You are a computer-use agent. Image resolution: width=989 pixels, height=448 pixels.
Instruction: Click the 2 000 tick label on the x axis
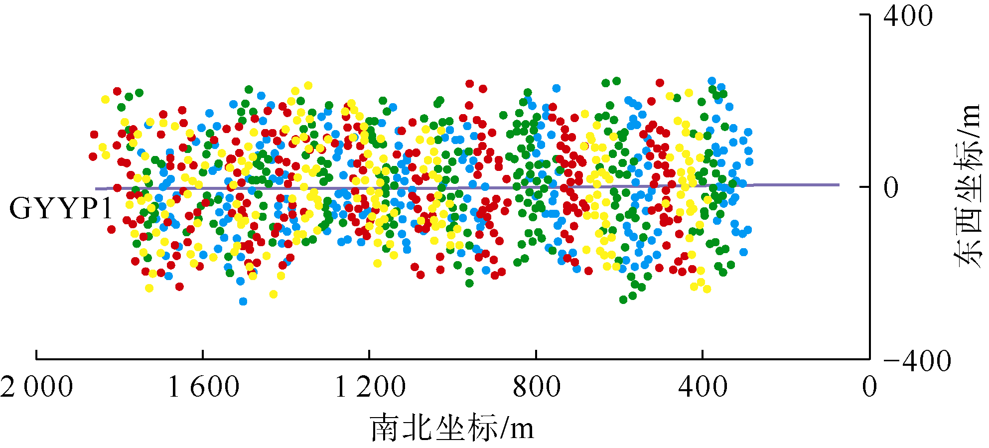37,387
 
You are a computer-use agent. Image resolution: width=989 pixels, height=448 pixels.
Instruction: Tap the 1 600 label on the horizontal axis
203,387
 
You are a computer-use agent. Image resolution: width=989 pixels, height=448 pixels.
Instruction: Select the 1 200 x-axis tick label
370,387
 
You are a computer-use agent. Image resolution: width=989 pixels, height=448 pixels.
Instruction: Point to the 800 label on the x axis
537,387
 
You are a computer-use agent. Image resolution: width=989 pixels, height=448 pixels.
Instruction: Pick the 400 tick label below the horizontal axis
703,387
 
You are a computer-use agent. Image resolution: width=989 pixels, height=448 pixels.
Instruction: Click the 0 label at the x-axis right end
869,387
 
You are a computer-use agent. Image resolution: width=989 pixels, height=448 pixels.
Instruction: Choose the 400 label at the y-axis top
908,16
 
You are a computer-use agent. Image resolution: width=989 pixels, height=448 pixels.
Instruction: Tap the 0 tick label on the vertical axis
891,188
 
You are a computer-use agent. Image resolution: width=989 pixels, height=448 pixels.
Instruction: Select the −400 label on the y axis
917,360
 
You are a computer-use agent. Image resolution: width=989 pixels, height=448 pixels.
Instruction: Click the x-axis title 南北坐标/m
452,428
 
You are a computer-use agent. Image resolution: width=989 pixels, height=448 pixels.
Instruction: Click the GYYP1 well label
61,208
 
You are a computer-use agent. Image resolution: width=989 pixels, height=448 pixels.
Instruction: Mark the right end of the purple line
839,185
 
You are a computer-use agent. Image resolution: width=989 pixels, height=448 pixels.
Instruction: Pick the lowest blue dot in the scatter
243,301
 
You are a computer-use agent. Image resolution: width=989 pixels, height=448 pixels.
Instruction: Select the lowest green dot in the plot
623,299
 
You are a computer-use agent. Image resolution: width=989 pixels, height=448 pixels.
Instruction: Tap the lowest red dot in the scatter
179,287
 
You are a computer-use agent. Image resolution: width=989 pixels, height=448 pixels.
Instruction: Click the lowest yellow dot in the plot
273,294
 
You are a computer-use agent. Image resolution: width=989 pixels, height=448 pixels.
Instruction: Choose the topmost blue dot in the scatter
712,81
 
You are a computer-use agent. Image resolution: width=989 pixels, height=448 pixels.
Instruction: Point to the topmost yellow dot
308,85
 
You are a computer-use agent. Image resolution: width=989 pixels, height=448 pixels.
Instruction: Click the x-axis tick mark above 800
536,354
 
